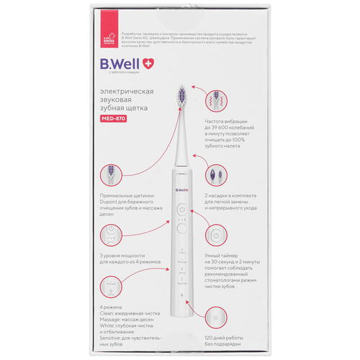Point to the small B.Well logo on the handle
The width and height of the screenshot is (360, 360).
pyautogui.click(x=181, y=190)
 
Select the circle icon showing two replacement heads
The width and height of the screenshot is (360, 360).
pyautogui.click(x=215, y=175)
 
